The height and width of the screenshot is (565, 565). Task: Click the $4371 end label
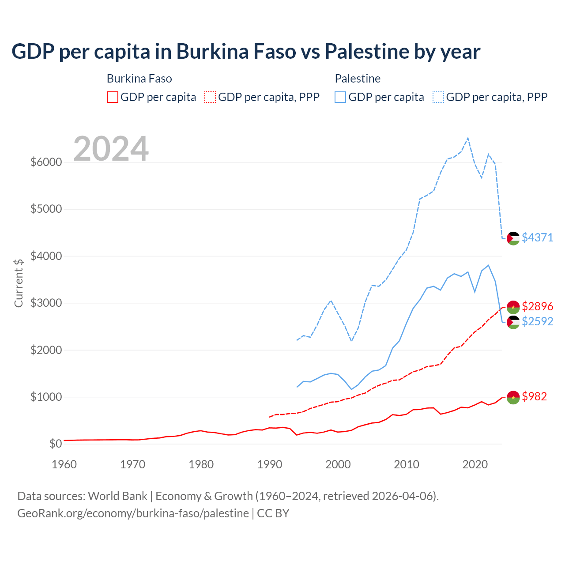537,237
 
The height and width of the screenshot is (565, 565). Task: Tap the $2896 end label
537,306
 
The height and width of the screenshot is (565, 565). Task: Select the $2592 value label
537,321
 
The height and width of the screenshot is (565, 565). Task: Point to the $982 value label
534,396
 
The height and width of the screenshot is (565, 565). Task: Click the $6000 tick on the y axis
46,162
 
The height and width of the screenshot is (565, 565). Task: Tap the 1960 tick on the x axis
64,464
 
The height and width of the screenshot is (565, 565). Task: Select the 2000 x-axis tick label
338,464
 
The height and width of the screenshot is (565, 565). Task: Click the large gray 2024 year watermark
111,149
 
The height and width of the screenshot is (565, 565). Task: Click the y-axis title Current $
19,283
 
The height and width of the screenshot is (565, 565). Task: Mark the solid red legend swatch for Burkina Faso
113,97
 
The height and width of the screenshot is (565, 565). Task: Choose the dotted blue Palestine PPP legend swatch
438,97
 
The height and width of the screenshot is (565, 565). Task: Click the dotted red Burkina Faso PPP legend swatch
210,97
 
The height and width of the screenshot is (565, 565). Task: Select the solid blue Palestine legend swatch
340,97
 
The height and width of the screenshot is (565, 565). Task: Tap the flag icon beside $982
513,397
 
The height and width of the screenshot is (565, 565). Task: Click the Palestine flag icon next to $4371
513,238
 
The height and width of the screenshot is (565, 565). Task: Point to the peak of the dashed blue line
468,138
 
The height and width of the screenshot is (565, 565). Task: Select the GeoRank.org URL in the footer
133,513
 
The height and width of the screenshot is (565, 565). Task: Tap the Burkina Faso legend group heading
139,79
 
